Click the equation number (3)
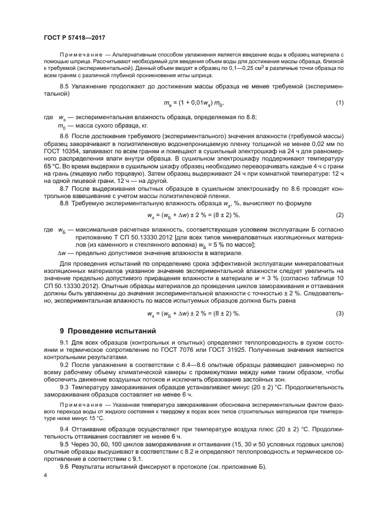tap(339, 313)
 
